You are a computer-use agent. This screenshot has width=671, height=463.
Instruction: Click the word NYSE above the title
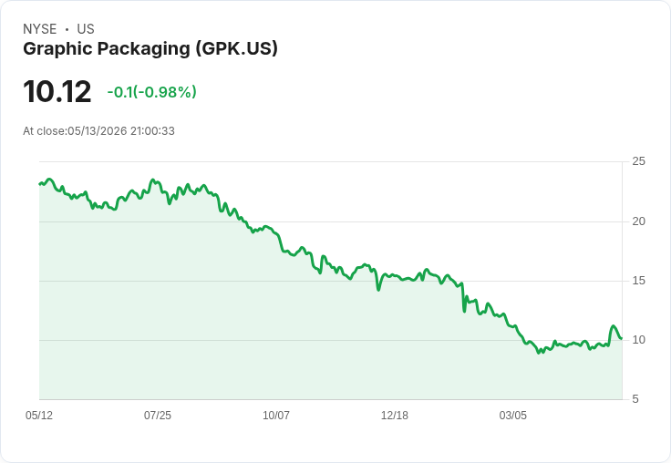point(40,29)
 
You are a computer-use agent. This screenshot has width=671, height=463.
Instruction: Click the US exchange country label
point(86,29)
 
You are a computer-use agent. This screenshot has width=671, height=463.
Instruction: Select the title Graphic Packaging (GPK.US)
point(150,49)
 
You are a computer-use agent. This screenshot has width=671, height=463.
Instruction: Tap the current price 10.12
point(57,91)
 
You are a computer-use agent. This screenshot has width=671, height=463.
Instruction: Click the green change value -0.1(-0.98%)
point(152,92)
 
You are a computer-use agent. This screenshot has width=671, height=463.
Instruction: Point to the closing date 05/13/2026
point(98,131)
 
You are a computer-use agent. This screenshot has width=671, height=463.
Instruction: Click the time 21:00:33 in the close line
point(152,131)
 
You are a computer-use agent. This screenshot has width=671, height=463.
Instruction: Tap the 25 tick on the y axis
point(638,161)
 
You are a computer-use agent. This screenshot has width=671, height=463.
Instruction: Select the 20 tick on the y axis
point(638,221)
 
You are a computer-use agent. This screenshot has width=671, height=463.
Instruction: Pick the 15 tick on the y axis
point(638,281)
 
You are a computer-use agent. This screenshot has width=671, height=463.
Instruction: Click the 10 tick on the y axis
point(638,340)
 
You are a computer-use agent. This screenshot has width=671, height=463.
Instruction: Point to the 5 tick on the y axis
point(635,399)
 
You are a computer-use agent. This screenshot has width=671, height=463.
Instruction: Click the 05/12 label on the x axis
point(39,416)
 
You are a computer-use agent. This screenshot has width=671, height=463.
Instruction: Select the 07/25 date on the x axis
point(158,416)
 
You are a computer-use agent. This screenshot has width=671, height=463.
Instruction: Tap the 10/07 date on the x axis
point(276,416)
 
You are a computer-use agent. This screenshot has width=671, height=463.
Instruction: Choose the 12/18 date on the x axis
point(395,416)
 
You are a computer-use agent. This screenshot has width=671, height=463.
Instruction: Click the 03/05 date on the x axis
point(512,416)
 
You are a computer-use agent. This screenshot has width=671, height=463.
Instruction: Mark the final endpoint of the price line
point(622,338)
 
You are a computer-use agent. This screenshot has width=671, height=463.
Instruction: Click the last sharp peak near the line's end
point(614,326)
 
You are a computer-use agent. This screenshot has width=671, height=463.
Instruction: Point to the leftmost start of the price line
point(39,184)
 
